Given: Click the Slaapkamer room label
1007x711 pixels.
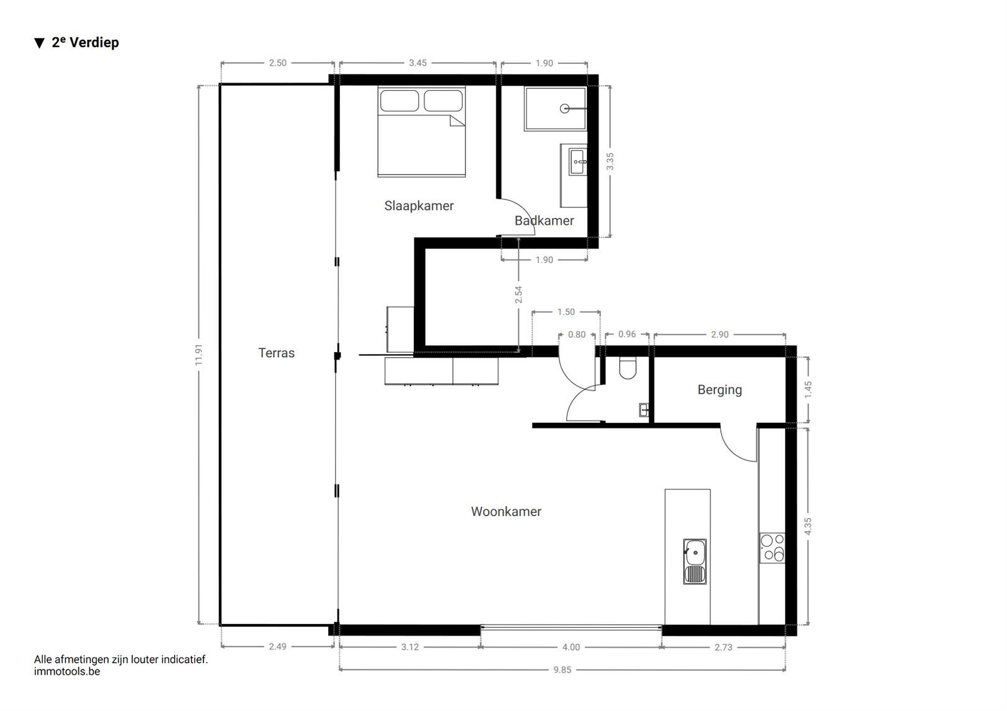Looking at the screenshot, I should pyautogui.click(x=419, y=206).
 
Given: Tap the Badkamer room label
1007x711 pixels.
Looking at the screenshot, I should pyautogui.click(x=544, y=220).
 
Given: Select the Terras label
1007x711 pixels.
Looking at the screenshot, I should pyautogui.click(x=277, y=353).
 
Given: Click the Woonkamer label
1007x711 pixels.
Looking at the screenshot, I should pyautogui.click(x=506, y=512).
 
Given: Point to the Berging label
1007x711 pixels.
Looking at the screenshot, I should pyautogui.click(x=719, y=390).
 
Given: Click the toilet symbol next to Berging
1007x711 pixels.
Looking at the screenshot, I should pyautogui.click(x=627, y=369).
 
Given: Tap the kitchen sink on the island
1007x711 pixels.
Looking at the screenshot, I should pyautogui.click(x=695, y=561).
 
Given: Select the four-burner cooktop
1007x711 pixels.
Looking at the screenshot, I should pyautogui.click(x=772, y=548).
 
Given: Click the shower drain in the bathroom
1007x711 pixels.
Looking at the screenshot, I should pyautogui.click(x=564, y=109).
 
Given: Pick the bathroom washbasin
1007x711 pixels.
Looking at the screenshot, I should pyautogui.click(x=578, y=162).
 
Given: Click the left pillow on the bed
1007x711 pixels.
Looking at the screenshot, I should pyautogui.click(x=400, y=101).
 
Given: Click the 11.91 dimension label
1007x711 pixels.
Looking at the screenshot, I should pyautogui.click(x=200, y=355).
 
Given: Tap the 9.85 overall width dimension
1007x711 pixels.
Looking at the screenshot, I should pyautogui.click(x=562, y=669).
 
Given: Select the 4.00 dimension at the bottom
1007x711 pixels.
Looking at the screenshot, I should pyautogui.click(x=571, y=647).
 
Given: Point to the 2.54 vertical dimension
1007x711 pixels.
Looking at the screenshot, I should pyautogui.click(x=519, y=294).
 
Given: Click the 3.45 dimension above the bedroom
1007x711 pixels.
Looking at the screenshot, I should pyautogui.click(x=418, y=63).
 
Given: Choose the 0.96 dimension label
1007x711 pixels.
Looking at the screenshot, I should pyautogui.click(x=627, y=334).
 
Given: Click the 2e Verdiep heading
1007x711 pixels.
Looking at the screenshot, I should pyautogui.click(x=85, y=42).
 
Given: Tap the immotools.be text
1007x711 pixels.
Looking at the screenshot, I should pyautogui.click(x=67, y=671).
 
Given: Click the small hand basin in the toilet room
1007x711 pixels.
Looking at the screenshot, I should pyautogui.click(x=644, y=409).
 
